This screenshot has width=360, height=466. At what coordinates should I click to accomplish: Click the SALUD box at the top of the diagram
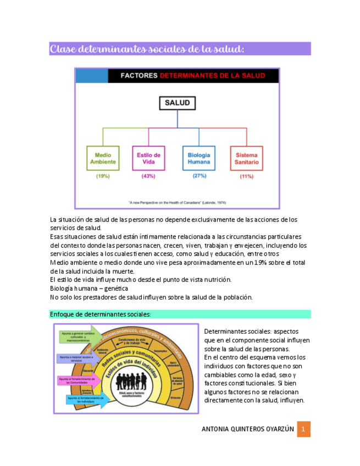177,103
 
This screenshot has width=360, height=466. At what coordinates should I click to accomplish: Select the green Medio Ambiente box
103,158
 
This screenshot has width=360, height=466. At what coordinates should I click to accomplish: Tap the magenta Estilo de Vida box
148,158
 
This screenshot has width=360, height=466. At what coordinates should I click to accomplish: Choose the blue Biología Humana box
198,158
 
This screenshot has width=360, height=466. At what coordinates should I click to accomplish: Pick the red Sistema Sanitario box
246,158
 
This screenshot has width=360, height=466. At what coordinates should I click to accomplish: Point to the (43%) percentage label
148,176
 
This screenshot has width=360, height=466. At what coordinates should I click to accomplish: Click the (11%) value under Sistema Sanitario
246,177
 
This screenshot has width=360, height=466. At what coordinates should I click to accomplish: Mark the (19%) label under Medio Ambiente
103,176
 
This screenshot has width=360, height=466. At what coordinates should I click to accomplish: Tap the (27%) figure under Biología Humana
199,176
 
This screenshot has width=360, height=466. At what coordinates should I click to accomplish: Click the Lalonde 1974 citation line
177,202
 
